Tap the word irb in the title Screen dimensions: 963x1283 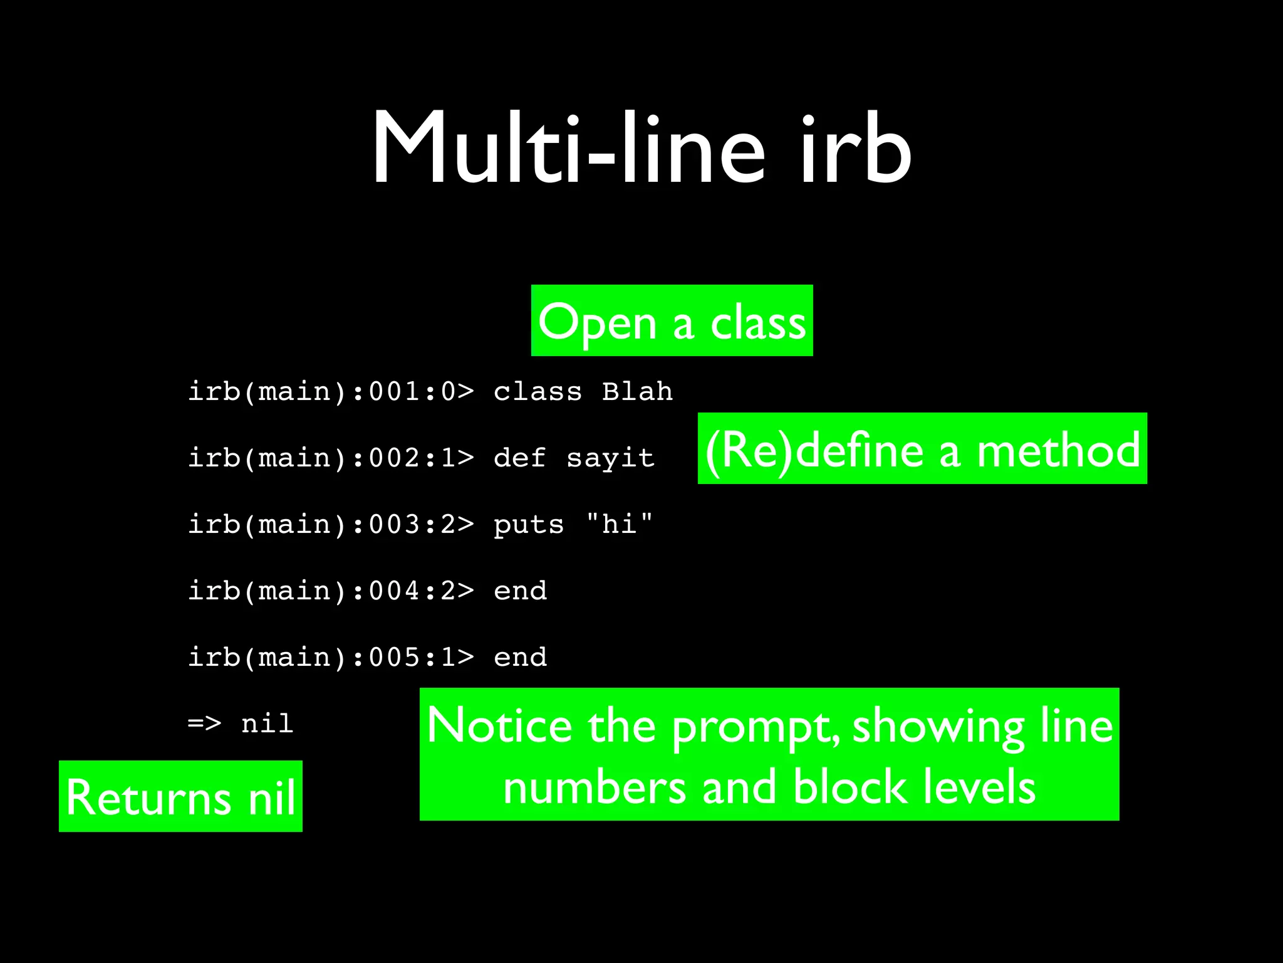coord(855,149)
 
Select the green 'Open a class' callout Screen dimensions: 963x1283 coord(672,320)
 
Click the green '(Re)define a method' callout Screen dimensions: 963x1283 coord(922,448)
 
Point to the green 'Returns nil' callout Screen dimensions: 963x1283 coord(180,796)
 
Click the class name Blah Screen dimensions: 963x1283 coord(637,392)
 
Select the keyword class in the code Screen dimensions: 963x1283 coord(538,392)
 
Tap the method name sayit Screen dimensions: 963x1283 coord(610,458)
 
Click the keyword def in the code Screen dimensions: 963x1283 coord(519,458)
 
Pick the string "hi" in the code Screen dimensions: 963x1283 coord(619,524)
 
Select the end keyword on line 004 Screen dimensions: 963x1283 coord(520,591)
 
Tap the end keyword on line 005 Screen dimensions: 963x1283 coord(520,657)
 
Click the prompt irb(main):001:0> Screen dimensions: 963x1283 coord(331,392)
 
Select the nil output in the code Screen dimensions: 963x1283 coord(268,724)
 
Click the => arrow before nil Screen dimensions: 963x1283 coord(204,724)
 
